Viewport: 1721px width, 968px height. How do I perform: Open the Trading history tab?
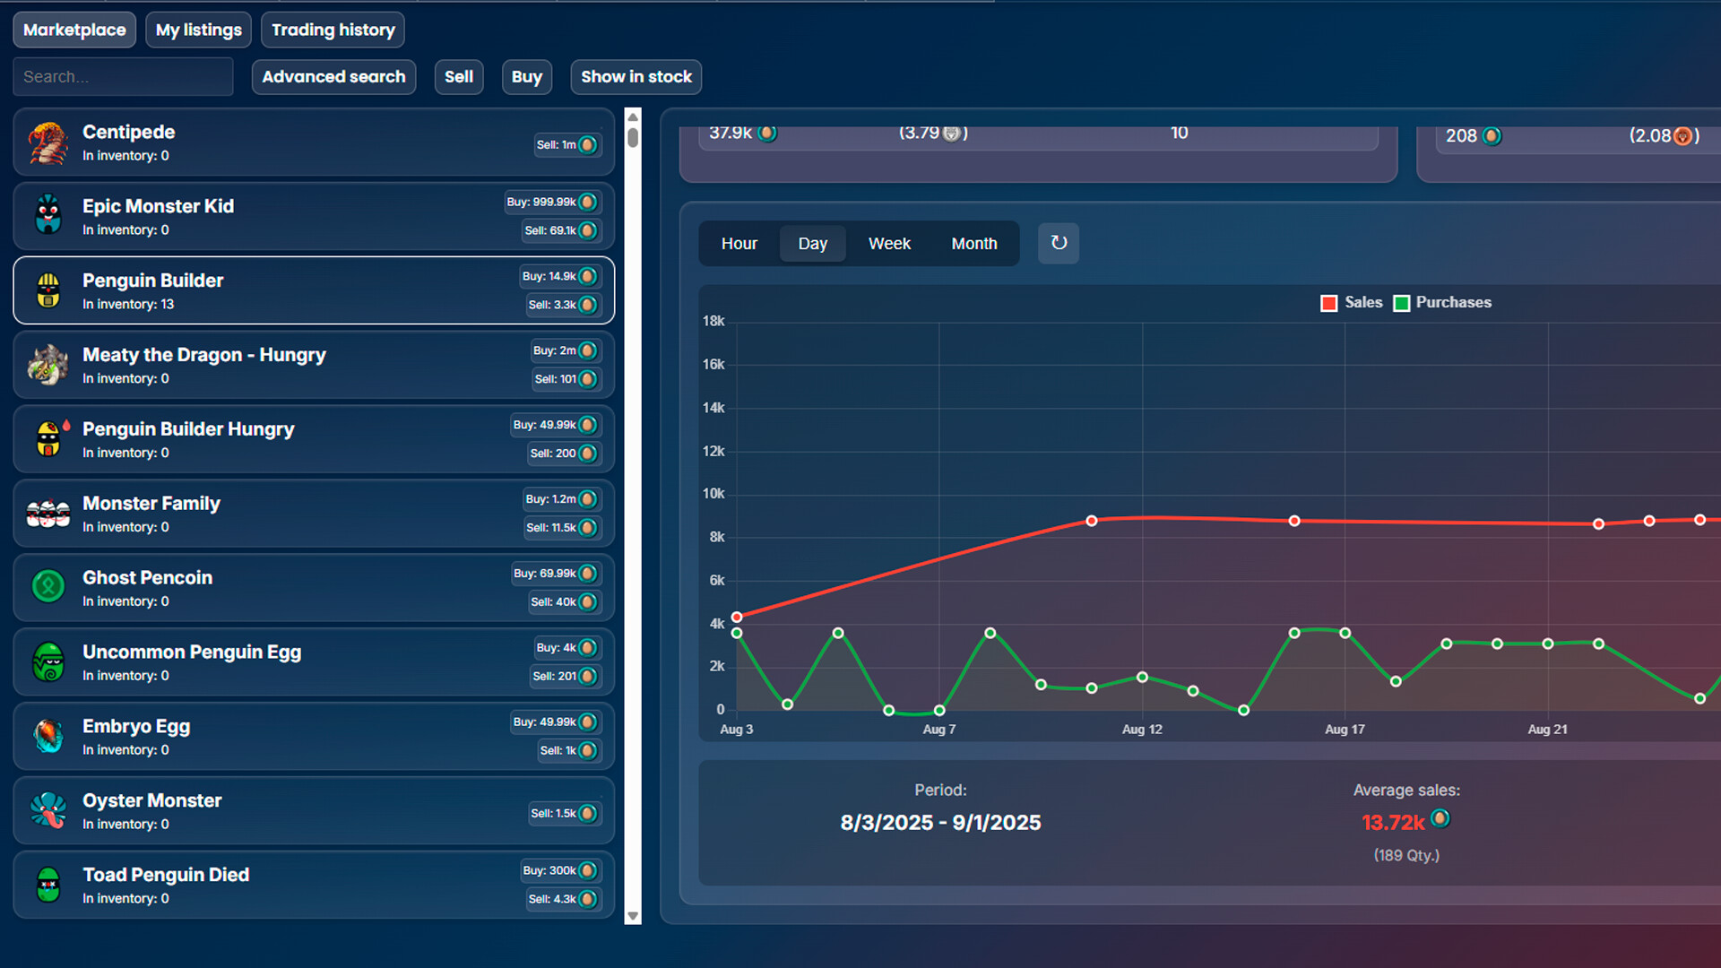[333, 30]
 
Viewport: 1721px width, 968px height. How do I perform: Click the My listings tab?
[198, 30]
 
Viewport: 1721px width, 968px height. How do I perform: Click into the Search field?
[123, 77]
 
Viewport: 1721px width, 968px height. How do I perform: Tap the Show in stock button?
[636, 77]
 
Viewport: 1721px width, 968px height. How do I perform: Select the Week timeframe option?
[888, 244]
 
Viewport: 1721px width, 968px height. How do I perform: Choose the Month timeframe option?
[973, 244]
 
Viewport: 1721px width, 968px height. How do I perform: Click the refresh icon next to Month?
[1059, 243]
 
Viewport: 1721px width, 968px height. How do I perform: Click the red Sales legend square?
[1328, 303]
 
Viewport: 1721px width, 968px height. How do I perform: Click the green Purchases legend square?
[1401, 303]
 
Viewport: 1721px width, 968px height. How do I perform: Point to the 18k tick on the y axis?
[713, 321]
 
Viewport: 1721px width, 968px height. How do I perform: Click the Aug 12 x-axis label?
[1141, 730]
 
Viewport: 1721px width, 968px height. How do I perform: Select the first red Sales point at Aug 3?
[737, 617]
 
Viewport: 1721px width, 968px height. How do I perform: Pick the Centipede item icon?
[48, 143]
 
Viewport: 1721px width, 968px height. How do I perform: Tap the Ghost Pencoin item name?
[147, 578]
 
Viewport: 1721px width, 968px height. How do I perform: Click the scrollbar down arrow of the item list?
[633, 916]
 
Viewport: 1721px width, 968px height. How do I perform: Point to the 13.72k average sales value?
[1392, 822]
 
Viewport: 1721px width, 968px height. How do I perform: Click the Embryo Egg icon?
[48, 736]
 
